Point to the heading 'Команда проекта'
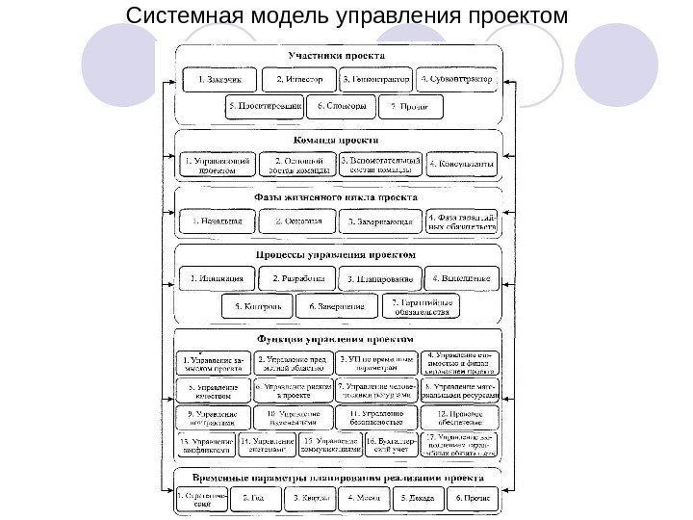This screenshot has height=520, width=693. click(x=338, y=140)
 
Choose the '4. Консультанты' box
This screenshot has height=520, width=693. click(x=461, y=165)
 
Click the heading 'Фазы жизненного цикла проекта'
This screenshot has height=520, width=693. click(x=338, y=196)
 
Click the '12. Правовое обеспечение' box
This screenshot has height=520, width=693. click(x=461, y=417)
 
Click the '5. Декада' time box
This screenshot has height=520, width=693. click(x=420, y=498)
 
